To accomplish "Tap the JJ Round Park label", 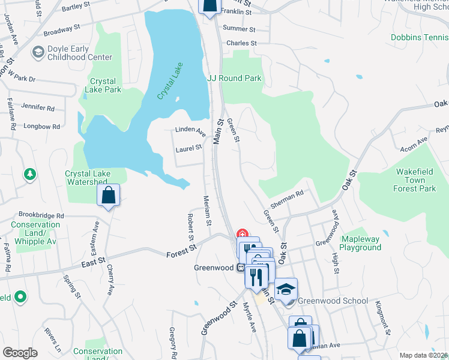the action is coord(234,78).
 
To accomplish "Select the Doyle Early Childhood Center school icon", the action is coord(38,52).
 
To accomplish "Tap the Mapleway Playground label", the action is coord(361,243).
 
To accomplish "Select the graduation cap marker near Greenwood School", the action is coord(286,289).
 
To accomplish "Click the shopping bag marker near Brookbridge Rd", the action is coord(108,195).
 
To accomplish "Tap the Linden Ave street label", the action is coord(190,130).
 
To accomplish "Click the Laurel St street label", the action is coord(188,148).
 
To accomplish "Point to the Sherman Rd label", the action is coord(288,201).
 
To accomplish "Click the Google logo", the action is coord(20,353).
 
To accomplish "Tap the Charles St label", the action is coord(241,43).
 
